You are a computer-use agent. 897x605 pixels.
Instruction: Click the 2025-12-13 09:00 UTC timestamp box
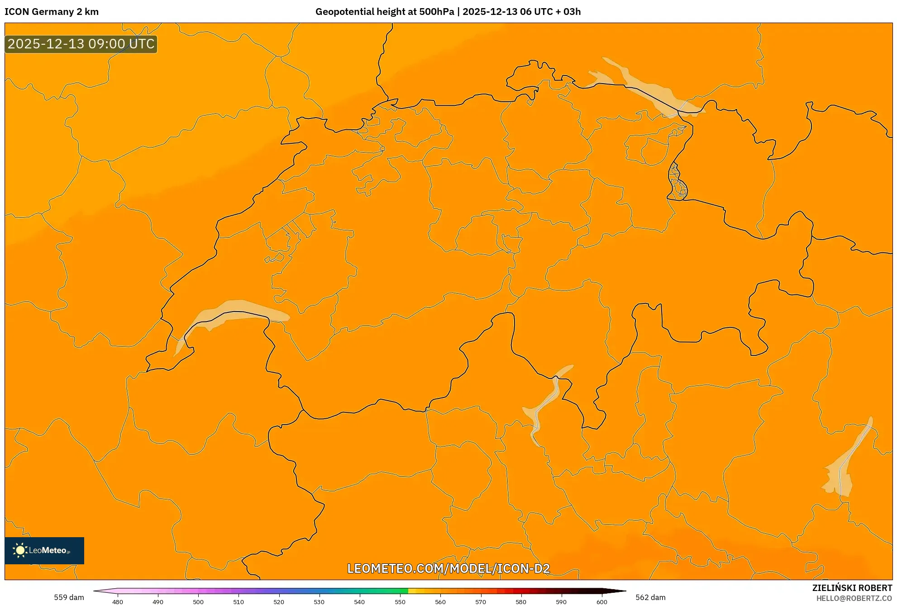point(81,44)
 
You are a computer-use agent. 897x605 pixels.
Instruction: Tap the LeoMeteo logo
point(44,550)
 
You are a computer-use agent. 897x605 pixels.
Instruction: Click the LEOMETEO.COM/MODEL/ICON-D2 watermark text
point(448,568)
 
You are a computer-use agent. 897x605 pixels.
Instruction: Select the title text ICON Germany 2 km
point(52,12)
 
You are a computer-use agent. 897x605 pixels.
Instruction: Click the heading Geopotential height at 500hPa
point(385,12)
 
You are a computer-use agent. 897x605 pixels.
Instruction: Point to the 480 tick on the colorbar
point(118,601)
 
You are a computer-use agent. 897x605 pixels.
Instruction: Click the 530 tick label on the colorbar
point(319,601)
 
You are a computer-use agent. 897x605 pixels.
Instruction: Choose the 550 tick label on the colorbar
point(400,601)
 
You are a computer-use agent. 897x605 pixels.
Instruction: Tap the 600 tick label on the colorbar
point(601,601)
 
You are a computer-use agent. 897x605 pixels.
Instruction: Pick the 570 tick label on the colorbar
point(481,601)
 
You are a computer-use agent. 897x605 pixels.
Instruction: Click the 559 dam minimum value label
point(69,597)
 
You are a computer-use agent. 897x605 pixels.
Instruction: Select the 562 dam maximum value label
point(650,597)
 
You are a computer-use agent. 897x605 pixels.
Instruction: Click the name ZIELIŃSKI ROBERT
point(852,588)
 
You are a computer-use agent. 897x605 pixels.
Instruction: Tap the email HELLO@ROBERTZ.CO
point(854,598)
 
